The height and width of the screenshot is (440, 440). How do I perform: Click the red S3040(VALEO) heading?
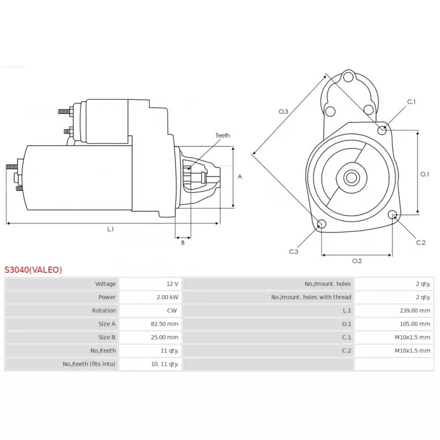(x=33, y=269)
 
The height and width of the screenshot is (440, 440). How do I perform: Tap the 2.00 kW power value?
(x=168, y=297)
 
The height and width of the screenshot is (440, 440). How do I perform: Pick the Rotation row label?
(x=104, y=310)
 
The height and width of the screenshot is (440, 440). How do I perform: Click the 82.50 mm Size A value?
(x=164, y=324)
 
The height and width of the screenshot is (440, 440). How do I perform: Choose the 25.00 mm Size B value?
(x=164, y=337)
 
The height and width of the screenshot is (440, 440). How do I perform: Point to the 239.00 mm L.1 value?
(x=415, y=310)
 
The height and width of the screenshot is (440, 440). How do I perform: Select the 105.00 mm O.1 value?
(x=415, y=324)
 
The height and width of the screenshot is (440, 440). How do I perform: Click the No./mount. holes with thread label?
(x=311, y=297)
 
